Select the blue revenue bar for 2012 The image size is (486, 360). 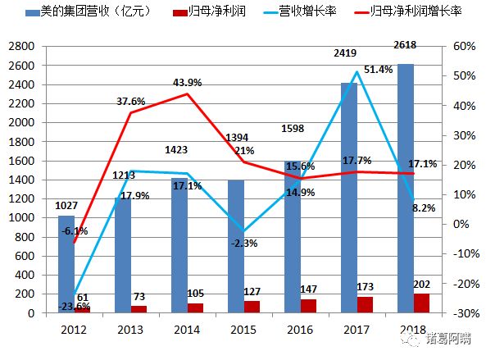coord(66,262)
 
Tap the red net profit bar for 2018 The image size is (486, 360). coord(421,303)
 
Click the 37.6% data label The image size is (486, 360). coord(131,102)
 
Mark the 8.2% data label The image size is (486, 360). coord(425,209)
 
